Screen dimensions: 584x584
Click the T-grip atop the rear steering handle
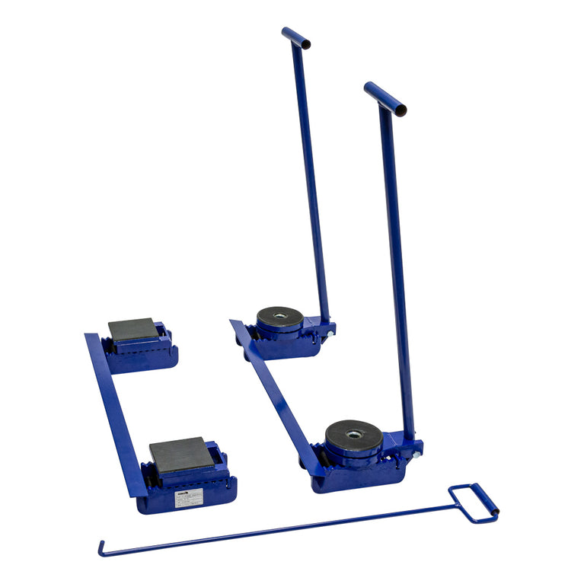click(295, 37)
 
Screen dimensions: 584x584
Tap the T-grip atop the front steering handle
click(385, 98)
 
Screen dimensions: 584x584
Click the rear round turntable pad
click(279, 317)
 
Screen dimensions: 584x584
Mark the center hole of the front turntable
click(354, 435)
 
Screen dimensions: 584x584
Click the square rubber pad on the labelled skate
click(180, 455)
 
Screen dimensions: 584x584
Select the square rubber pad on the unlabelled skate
click(133, 329)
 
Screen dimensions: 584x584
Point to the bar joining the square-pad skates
click(114, 411)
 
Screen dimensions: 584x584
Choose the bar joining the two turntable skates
click(274, 396)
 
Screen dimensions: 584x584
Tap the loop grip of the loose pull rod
click(474, 503)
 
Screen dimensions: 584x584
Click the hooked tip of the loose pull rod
click(101, 548)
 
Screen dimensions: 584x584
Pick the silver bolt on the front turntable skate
click(416, 455)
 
